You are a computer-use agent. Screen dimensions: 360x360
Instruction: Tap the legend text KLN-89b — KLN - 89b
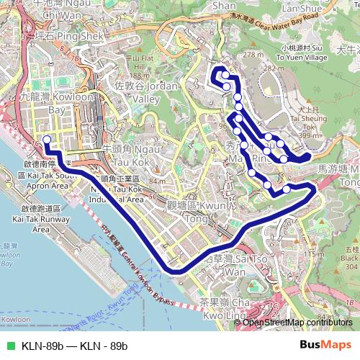pos(75,346)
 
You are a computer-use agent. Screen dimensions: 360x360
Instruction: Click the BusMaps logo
pos(325,346)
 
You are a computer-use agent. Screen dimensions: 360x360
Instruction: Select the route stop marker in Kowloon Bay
pos(47,140)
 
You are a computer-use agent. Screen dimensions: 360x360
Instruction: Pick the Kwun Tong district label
pos(210,192)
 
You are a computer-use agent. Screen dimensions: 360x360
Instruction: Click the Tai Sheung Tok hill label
pos(312,118)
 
